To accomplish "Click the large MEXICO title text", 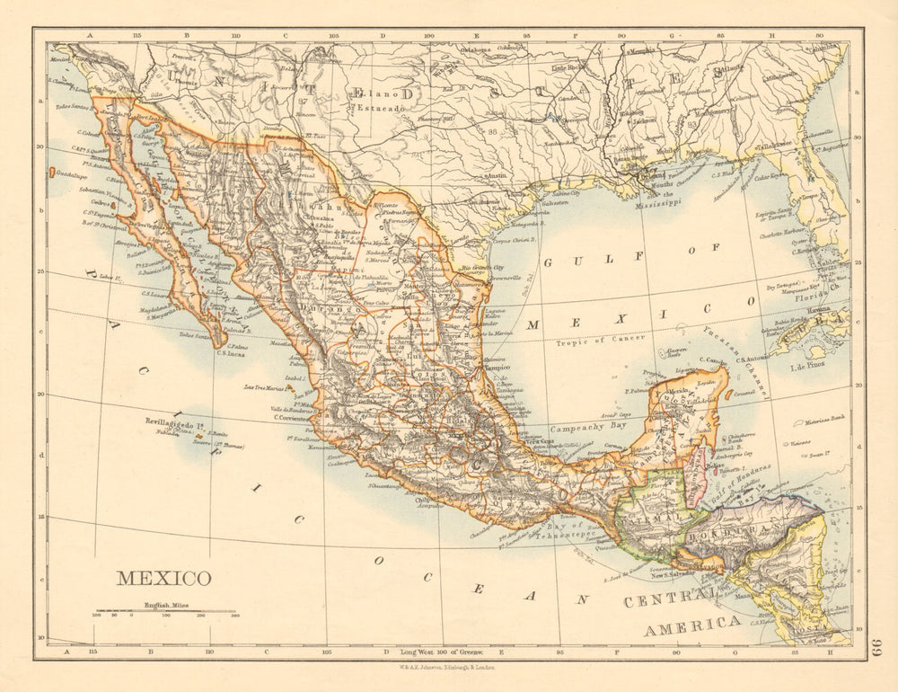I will [163, 578].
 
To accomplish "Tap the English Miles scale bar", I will [165, 611].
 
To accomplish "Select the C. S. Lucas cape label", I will [232, 353].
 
